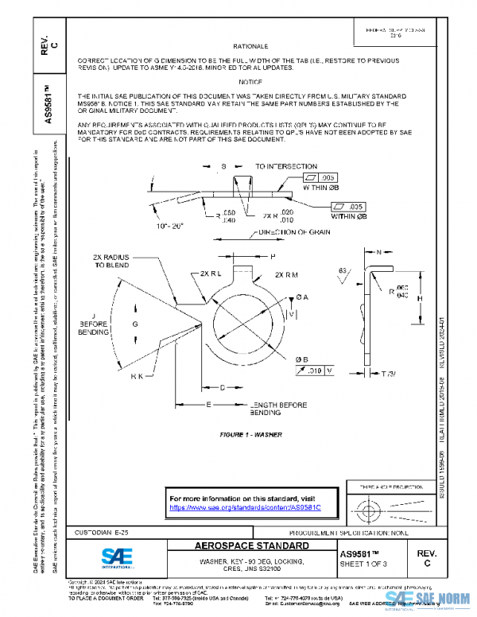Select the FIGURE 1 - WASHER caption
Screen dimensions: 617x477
click(250, 435)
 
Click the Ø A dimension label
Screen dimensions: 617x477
click(302, 297)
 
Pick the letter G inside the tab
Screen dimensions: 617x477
click(135, 325)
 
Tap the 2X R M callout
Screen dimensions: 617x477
click(285, 274)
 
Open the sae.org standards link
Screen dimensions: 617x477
click(238, 506)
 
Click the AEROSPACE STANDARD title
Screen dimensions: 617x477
click(252, 547)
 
